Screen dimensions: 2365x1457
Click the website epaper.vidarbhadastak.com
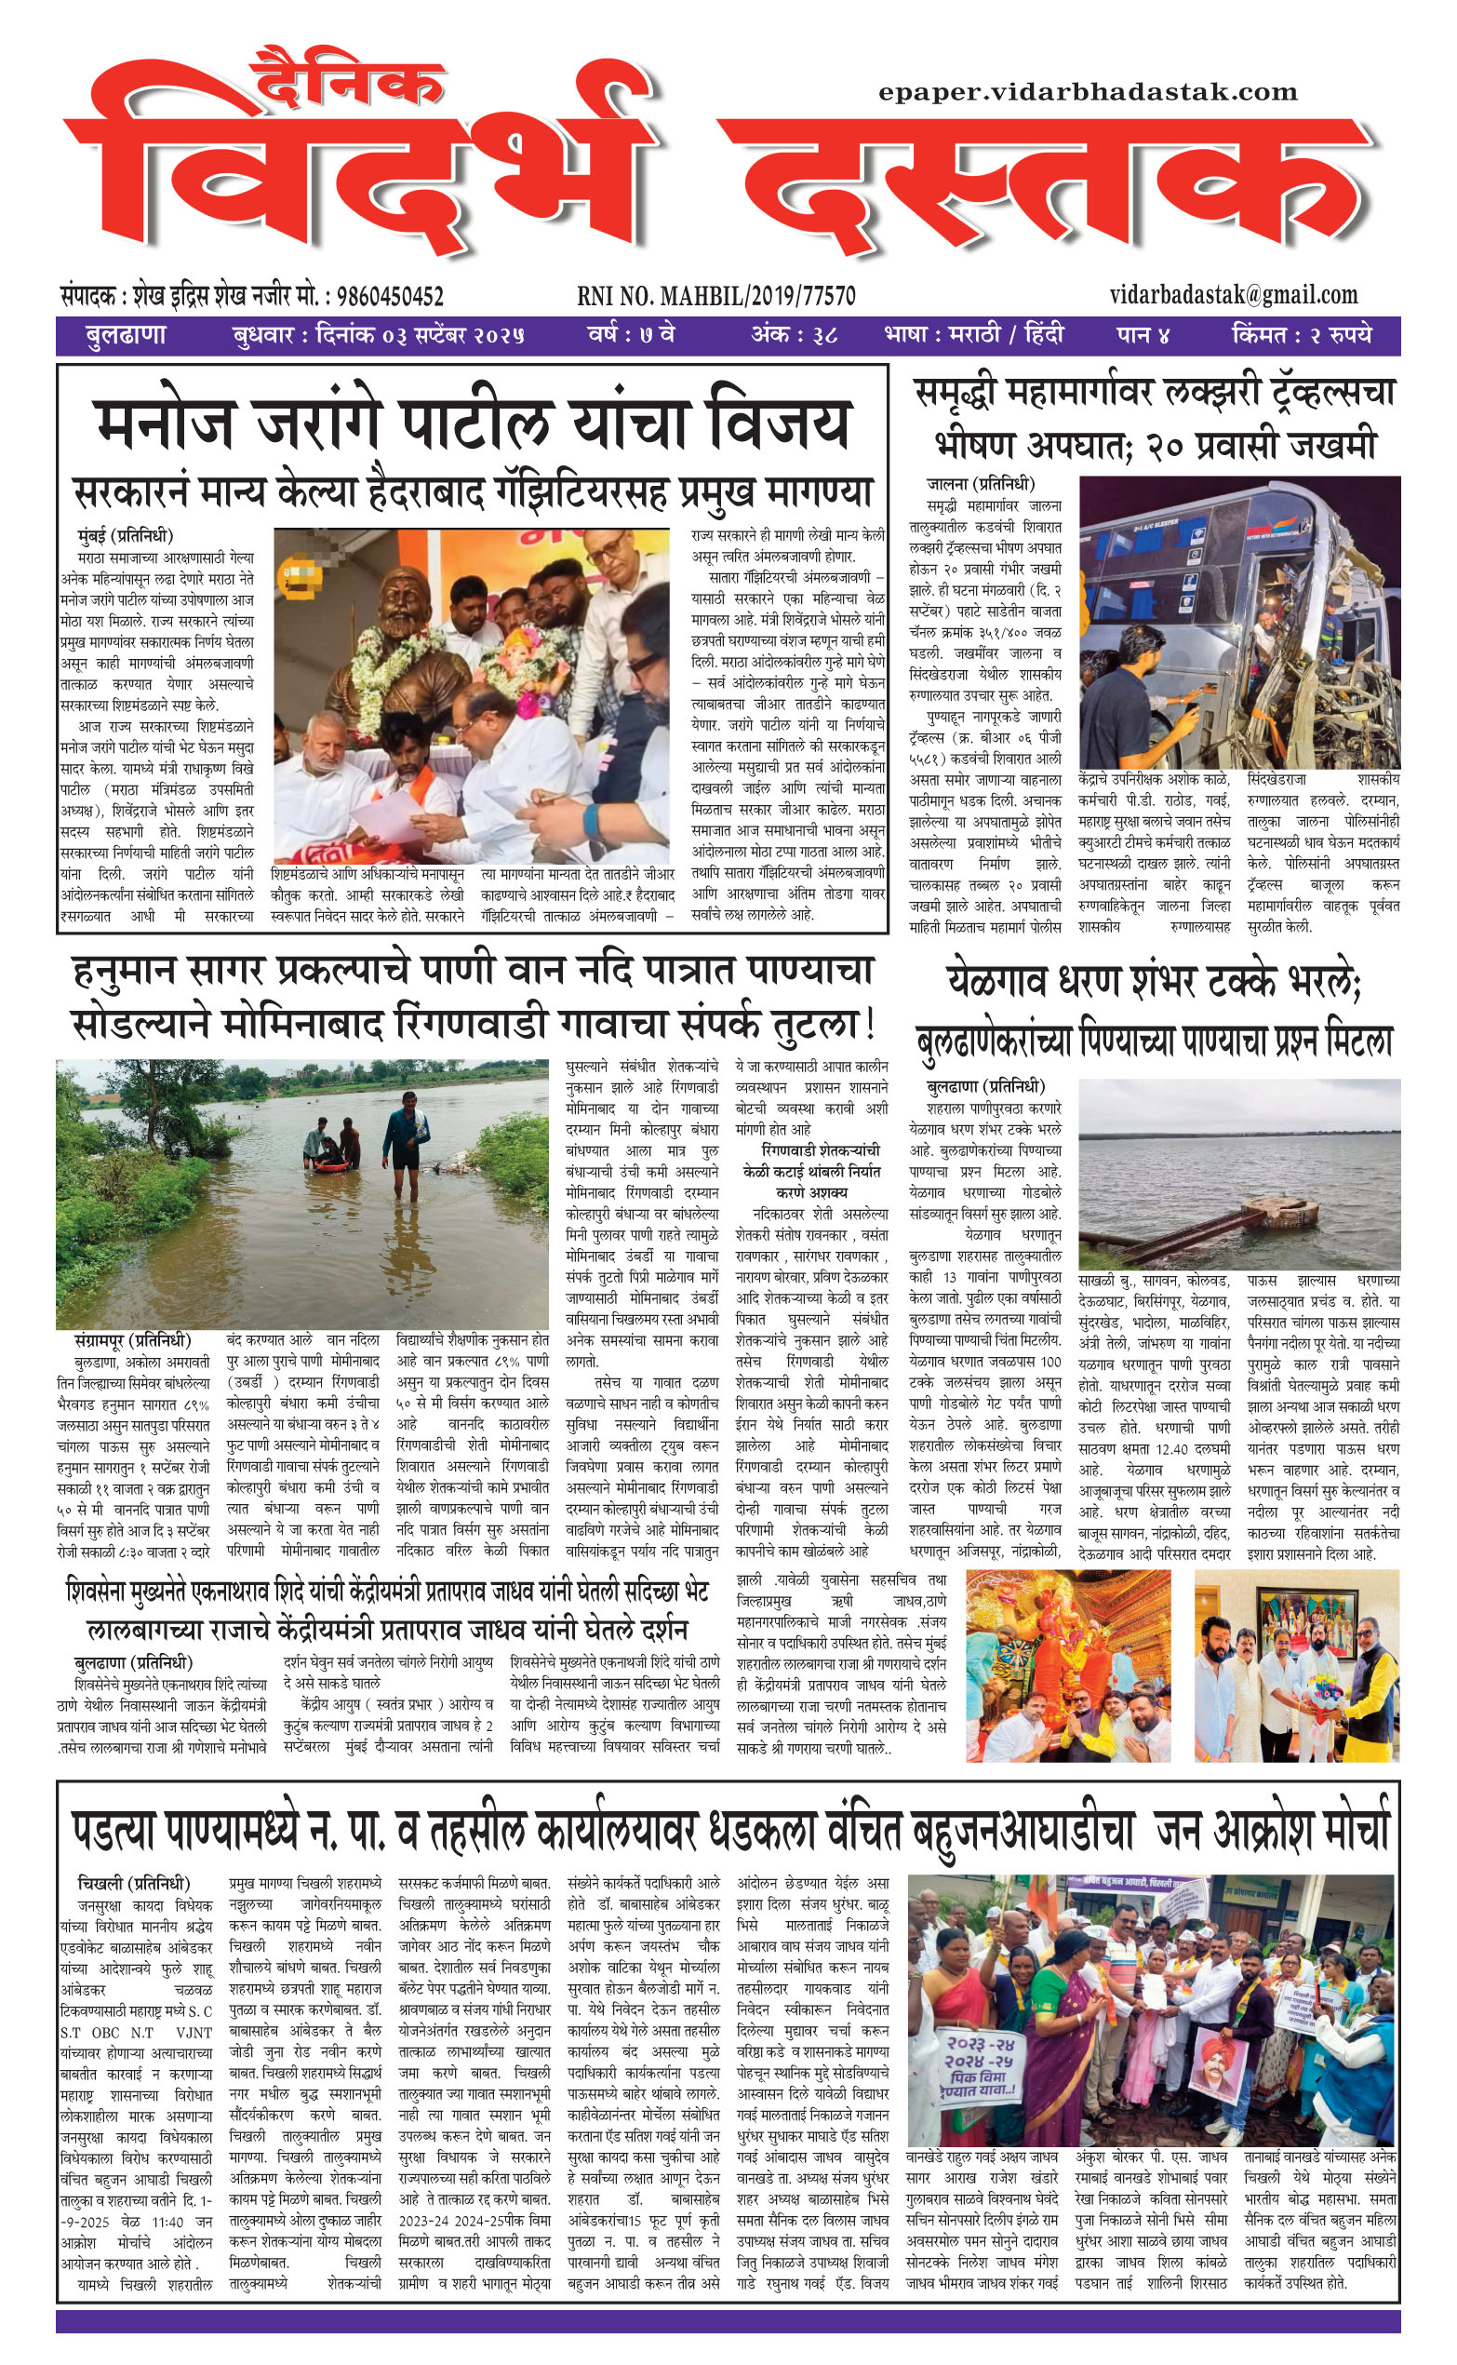pyautogui.click(x=1087, y=92)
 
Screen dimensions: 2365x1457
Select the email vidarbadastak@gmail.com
pyautogui.click(x=1234, y=294)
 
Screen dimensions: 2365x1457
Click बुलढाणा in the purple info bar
pyautogui.click(x=126, y=335)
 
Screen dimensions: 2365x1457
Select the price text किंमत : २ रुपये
pyautogui.click(x=1301, y=335)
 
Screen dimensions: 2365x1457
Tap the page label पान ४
pyautogui.click(x=1143, y=335)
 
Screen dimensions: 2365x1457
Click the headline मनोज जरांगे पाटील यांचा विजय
pyautogui.click(x=473, y=425)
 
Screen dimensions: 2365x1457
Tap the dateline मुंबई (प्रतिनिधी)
pyautogui.click(x=126, y=536)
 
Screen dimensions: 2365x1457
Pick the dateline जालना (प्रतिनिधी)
pyautogui.click(x=980, y=484)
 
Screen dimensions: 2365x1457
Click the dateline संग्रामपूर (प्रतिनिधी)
pyautogui.click(x=133, y=1340)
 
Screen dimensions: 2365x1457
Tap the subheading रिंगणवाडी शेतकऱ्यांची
pyautogui.click(x=820, y=1150)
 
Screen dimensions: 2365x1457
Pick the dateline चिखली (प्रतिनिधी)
pyautogui.click(x=133, y=1883)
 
